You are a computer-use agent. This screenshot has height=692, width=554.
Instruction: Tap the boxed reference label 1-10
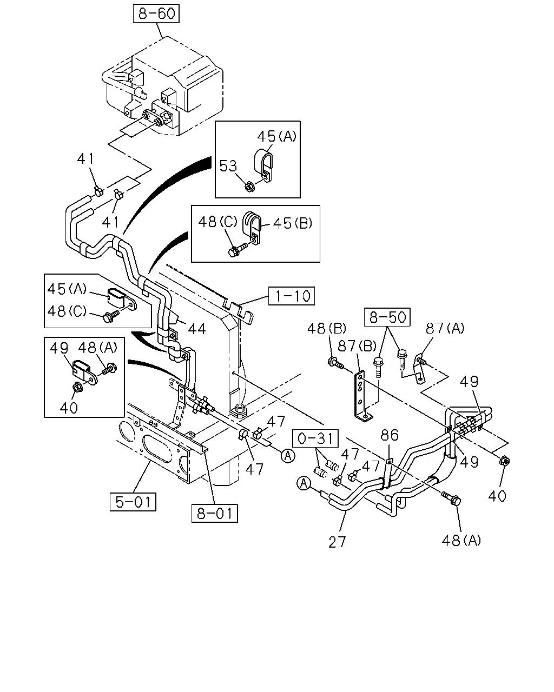pyautogui.click(x=291, y=296)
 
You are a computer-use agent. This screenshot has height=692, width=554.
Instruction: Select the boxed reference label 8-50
pyautogui.click(x=387, y=317)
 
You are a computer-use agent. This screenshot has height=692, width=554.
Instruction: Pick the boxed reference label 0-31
pyautogui.click(x=315, y=438)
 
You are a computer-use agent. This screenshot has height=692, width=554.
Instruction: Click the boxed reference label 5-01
pyautogui.click(x=133, y=502)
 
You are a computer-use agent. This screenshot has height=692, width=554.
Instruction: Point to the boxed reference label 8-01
pyautogui.click(x=214, y=513)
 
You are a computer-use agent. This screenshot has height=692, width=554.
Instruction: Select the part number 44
pyautogui.click(x=197, y=329)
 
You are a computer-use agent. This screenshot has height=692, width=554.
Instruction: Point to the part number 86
pyautogui.click(x=390, y=435)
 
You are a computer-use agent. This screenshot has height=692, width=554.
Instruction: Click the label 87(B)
pyautogui.click(x=357, y=347)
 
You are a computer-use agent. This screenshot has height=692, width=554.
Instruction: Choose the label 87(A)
pyautogui.click(x=445, y=328)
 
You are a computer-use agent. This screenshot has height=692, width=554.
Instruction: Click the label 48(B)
pyautogui.click(x=326, y=329)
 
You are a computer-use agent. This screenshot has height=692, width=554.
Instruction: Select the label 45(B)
pyautogui.click(x=293, y=223)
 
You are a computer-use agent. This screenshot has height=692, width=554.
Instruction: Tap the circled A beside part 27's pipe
pyautogui.click(x=303, y=483)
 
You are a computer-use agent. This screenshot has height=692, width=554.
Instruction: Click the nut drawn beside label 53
pyautogui.click(x=250, y=187)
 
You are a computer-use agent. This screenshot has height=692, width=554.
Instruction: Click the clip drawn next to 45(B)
pyautogui.click(x=252, y=228)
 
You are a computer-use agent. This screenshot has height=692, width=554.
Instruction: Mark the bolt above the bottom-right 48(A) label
pyautogui.click(x=451, y=498)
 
